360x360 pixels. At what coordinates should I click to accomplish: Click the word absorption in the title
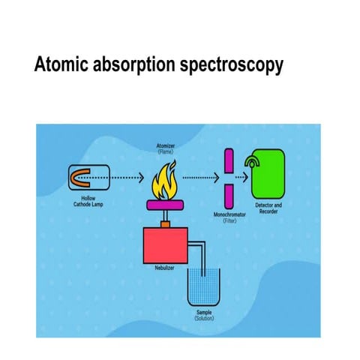click(x=135, y=67)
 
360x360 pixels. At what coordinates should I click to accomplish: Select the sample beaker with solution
click(x=204, y=285)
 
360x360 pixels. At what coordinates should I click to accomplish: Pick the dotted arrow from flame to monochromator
click(x=200, y=178)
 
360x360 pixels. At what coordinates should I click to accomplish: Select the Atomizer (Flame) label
click(x=166, y=148)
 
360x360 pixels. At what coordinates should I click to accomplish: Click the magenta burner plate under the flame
click(x=166, y=204)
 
